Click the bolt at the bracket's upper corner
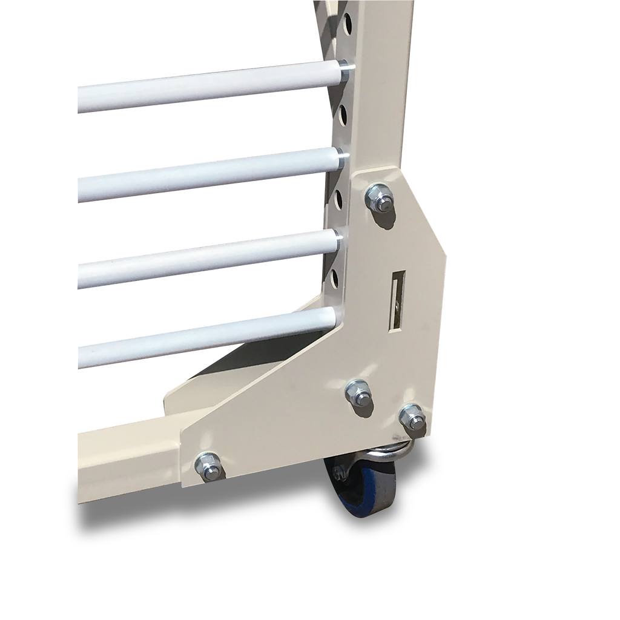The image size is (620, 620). coord(380,199)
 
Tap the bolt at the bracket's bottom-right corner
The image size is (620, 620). coord(412,417)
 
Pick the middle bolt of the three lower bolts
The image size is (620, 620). coord(358,394)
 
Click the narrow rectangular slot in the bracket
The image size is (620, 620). coord(398,300)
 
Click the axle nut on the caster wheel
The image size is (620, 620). coord(340,473)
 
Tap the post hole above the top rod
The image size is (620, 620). coord(348,25)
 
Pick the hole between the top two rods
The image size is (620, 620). coord(343,114)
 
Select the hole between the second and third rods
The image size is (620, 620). coord(338,199)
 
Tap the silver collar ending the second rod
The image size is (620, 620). coord(341,159)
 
